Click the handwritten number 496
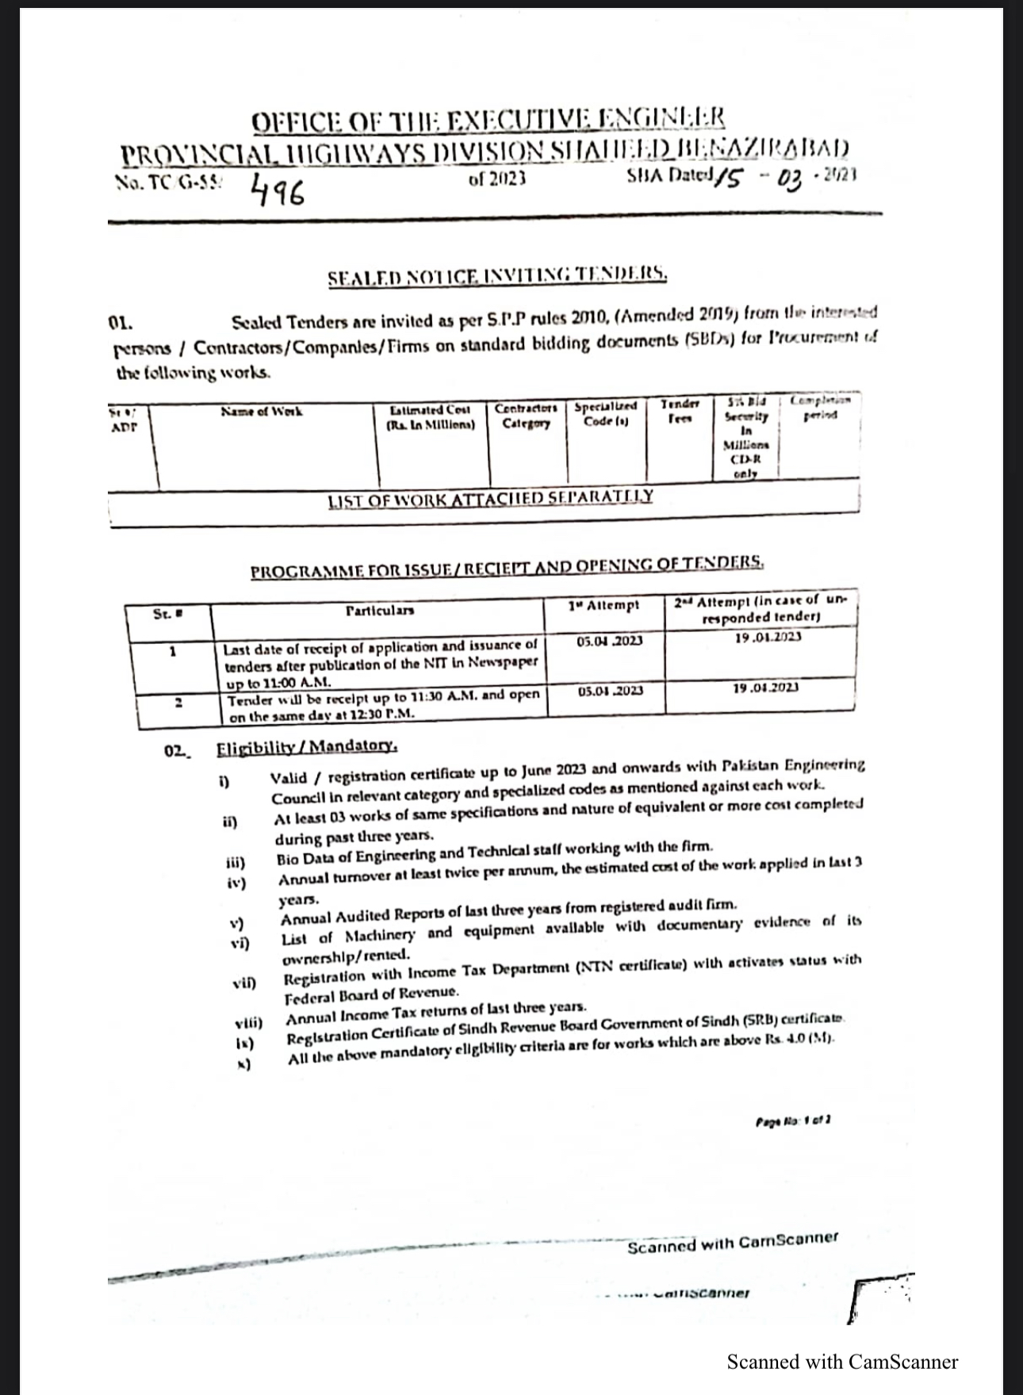pos(277,191)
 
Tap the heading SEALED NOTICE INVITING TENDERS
pos(497,277)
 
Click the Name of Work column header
pos(261,412)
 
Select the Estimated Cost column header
pos(431,416)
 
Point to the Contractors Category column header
pos(526,415)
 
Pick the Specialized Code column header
pos(605,413)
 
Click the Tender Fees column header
pos(680,410)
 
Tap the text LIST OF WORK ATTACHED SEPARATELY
pos(490,498)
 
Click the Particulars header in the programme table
pos(380,611)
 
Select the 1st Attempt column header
pos(603,605)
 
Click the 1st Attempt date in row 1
pos(610,640)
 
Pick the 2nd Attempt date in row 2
pos(765,688)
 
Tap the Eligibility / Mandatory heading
pos(307,746)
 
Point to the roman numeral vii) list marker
pos(243,983)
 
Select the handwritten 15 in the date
pos(728,179)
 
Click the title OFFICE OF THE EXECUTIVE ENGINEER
pos(488,121)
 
